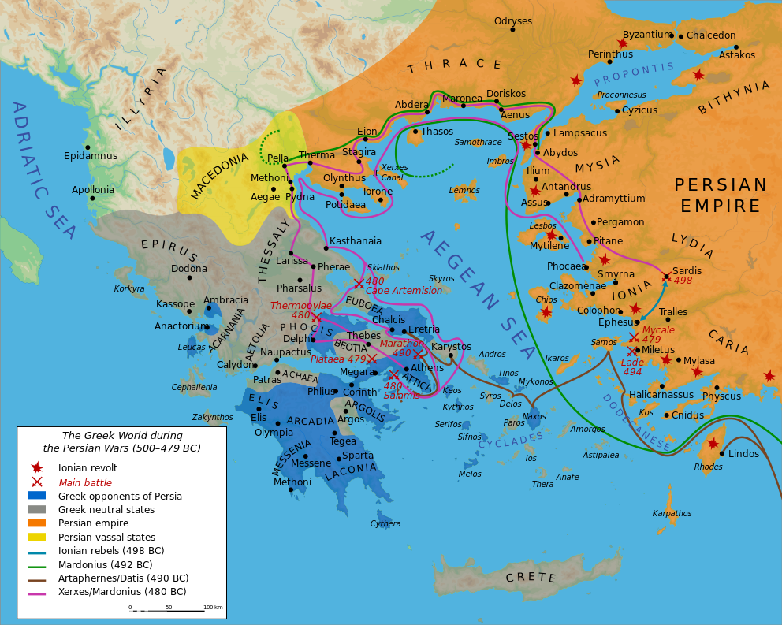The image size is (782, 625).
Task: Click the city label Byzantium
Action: tap(645, 35)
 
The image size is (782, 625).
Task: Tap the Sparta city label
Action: tap(358, 456)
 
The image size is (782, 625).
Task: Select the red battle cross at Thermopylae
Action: tap(317, 318)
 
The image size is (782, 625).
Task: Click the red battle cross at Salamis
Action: tap(393, 375)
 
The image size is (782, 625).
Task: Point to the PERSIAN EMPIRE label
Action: tap(720, 195)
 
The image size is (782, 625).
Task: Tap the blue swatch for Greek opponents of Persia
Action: tap(36, 496)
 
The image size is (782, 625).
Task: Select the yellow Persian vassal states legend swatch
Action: tap(36, 537)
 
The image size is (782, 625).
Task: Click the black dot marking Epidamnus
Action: tap(88, 147)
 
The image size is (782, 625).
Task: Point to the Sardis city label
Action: tap(687, 270)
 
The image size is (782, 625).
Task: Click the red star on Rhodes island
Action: tap(717, 445)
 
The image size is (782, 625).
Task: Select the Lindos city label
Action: tap(743, 454)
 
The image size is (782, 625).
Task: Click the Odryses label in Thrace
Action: tap(512, 21)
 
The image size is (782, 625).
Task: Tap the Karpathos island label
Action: tap(672, 513)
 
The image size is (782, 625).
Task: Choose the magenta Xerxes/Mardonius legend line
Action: tap(36, 591)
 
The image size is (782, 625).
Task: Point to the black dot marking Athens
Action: tap(406, 369)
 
